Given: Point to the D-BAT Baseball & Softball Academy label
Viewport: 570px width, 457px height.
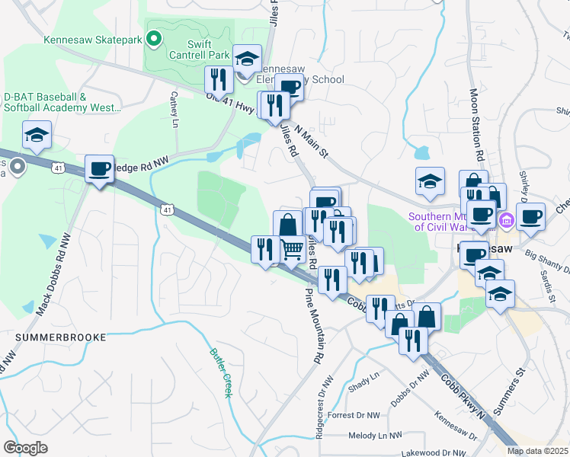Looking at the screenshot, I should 62,103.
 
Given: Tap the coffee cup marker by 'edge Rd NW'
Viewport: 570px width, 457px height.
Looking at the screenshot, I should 99,168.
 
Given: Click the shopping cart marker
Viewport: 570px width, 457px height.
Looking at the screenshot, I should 293,249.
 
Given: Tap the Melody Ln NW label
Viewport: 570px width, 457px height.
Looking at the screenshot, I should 374,436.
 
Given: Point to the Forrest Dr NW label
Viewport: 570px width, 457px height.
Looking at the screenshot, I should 356,416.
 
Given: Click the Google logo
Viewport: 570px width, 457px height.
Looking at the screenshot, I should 26,448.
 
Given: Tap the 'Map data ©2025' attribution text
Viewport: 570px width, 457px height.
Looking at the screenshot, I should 537,451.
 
